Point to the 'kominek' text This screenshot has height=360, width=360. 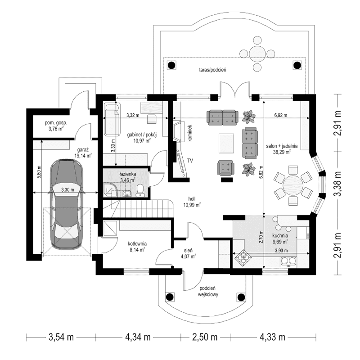pyautogui.click(x=190, y=133)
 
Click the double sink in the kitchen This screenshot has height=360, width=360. pyautogui.click(x=288, y=260)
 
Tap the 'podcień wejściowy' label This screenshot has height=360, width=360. pyautogui.click(x=208, y=292)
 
